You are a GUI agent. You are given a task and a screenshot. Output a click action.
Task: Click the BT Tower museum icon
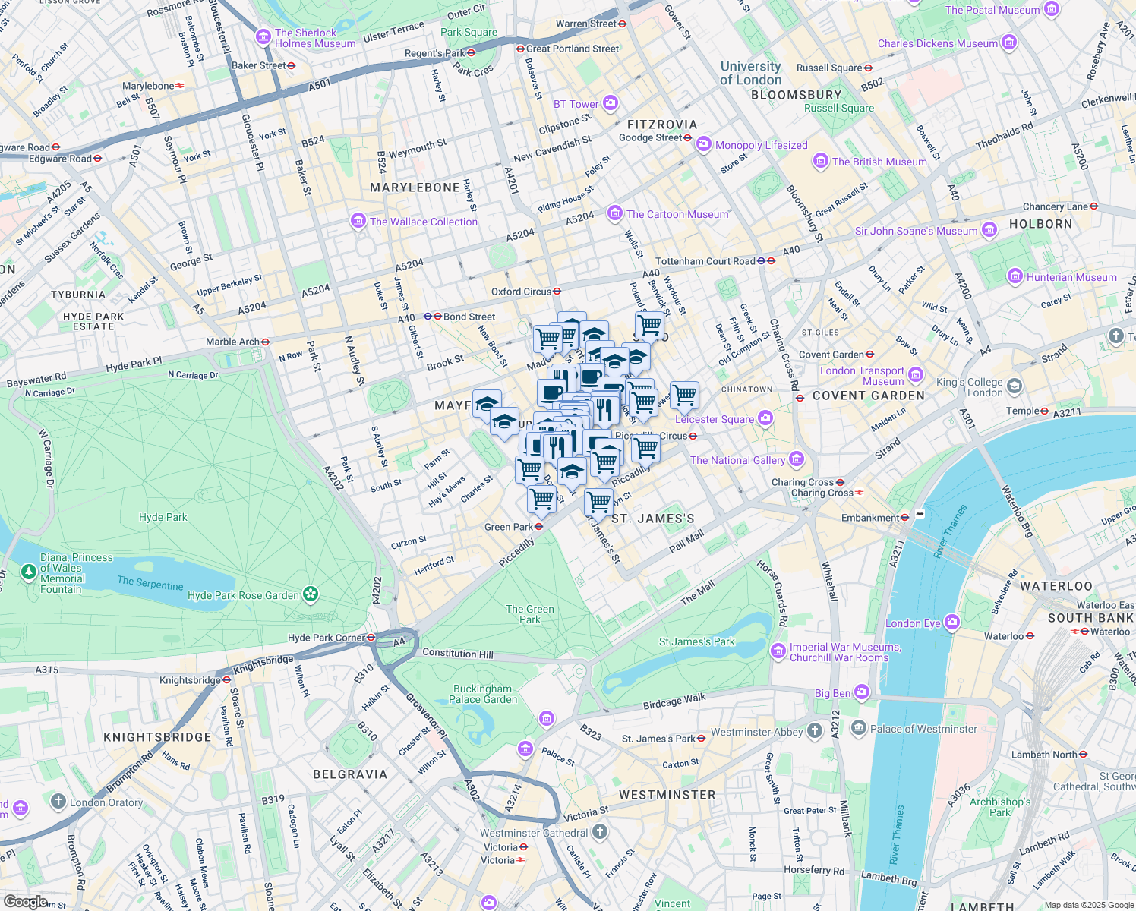point(611,103)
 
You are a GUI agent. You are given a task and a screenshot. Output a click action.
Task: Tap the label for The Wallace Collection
point(424,222)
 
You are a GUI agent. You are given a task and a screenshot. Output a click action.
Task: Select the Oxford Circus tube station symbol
point(557,292)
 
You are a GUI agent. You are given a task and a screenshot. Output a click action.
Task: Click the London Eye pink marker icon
point(952,623)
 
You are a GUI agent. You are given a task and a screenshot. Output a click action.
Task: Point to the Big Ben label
point(833,693)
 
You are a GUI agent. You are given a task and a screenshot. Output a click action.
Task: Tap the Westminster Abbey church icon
point(815,731)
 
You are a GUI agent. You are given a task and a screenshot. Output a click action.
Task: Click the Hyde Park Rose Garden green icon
point(311,594)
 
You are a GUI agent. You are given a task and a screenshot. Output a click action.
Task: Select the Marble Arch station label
point(232,342)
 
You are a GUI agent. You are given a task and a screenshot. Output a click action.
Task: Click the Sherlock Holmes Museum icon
point(263,37)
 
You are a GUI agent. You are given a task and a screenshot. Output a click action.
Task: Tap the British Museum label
point(879,162)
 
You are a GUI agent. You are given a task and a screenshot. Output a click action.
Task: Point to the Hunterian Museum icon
point(1015,277)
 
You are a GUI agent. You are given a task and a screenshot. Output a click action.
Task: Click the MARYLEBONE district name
point(415,188)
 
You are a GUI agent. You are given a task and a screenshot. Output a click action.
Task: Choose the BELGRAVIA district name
point(350,774)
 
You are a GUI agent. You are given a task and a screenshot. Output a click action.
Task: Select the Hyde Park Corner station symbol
point(371,638)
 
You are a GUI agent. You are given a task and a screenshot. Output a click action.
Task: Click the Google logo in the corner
point(26,901)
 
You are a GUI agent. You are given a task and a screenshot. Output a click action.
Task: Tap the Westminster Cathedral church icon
point(600,832)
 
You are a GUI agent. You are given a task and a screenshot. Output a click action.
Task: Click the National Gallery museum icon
point(797,459)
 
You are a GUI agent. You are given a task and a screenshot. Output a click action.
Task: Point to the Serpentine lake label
point(150,583)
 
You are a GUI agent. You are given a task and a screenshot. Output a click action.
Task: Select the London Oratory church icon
point(58,802)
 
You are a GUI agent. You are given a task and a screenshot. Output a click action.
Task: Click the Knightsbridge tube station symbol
point(226,680)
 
